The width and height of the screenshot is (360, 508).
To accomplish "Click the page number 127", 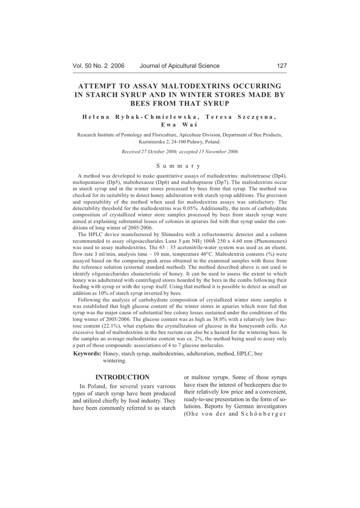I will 282,65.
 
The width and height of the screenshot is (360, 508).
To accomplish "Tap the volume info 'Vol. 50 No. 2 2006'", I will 98,65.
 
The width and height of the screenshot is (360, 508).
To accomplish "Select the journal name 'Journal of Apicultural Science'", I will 180,65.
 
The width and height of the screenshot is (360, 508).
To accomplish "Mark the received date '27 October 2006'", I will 164,151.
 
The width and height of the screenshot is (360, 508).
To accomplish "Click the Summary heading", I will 180,166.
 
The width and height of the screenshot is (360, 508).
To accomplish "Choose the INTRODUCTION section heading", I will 122,377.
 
